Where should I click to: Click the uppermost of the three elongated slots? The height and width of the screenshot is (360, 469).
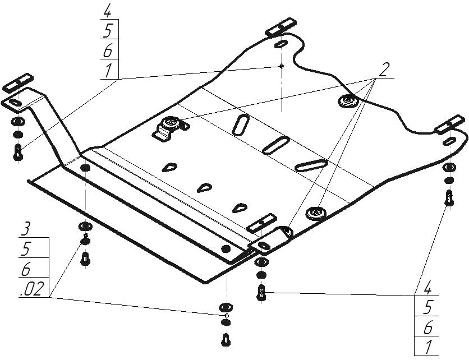[241, 124]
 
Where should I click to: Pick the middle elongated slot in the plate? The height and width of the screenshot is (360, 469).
[276, 145]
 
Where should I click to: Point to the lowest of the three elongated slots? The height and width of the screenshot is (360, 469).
[311, 165]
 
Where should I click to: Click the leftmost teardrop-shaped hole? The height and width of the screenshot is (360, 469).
[169, 168]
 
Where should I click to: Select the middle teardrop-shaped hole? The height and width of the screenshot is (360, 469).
[204, 188]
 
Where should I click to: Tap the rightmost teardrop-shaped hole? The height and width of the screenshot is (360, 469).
[240, 208]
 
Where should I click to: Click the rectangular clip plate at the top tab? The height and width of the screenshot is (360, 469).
[281, 27]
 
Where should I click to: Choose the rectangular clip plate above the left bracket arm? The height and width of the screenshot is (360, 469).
[17, 82]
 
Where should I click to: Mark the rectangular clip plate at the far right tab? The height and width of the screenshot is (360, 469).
[450, 124]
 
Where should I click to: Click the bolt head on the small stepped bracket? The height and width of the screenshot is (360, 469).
[170, 123]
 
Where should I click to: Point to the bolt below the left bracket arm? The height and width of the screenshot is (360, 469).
[18, 153]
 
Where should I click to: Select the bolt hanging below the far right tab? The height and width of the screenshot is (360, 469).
[449, 198]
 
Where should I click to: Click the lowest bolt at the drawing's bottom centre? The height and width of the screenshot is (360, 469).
[227, 340]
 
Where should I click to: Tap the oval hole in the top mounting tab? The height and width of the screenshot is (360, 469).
[281, 44]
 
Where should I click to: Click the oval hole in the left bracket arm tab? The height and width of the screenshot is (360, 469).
[15, 103]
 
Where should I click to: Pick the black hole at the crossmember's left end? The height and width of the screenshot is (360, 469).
[85, 168]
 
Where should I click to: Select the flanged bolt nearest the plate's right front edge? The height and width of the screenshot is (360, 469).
[316, 213]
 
